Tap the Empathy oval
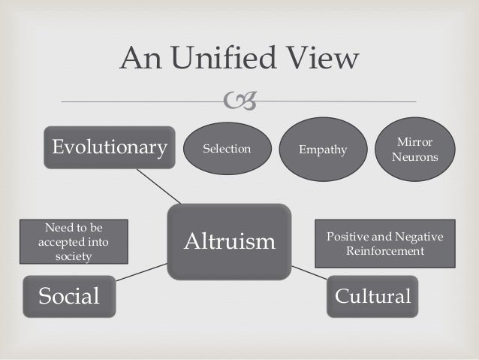click(x=323, y=150)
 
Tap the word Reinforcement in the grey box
click(x=384, y=250)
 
